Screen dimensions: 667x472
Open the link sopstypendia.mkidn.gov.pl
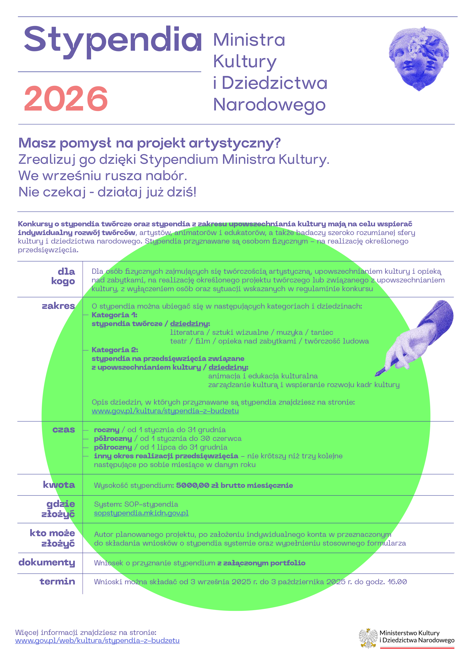pyautogui.click(x=141, y=513)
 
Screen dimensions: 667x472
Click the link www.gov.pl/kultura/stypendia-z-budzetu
pyautogui.click(x=165, y=411)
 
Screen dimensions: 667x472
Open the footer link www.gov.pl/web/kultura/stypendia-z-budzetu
pyautogui.click(x=97, y=641)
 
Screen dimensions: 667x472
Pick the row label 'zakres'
pyautogui.click(x=59, y=306)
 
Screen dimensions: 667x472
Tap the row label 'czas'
pyautogui.click(x=64, y=430)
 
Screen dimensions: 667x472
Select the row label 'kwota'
pyautogui.click(x=59, y=485)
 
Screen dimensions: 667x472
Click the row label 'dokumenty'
pyautogui.click(x=47, y=562)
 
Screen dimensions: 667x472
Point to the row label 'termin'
pyautogui.click(x=57, y=581)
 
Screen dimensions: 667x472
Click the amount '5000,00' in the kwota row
pyautogui.click(x=193, y=485)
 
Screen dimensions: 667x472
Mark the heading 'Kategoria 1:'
pyautogui.click(x=114, y=315)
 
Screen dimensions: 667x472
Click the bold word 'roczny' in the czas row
pyautogui.click(x=107, y=430)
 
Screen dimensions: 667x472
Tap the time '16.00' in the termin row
pyautogui.click(x=397, y=582)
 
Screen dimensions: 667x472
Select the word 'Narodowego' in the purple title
pyautogui.click(x=269, y=105)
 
